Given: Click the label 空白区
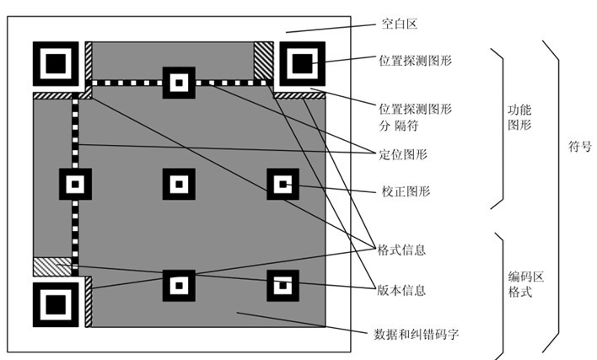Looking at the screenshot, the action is tap(400, 24).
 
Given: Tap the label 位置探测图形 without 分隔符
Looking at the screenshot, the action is tap(415, 60).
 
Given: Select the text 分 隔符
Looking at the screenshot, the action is tap(399, 126).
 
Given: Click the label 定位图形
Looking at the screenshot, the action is tap(403, 154).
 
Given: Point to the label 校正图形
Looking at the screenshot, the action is tap(406, 191).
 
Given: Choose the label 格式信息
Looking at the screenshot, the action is tap(401, 250).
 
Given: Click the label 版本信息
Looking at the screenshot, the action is tap(401, 290).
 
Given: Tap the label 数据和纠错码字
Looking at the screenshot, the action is tap(417, 335).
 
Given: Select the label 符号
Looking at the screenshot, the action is tap(580, 146).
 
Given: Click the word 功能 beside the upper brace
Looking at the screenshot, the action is tap(519, 110).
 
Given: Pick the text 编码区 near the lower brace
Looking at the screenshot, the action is tap(526, 277).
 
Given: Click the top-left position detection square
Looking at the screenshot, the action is tap(56, 63).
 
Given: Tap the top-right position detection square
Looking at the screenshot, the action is tap(303, 63).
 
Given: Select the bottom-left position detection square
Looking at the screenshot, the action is tap(56, 304).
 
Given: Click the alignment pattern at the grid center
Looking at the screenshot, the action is tap(179, 184).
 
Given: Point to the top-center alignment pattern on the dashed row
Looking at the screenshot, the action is tap(179, 83).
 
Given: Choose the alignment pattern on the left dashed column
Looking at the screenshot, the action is tap(75, 184).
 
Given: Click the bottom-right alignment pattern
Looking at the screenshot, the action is tap(282, 286).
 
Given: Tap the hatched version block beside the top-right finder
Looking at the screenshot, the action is tap(263, 61).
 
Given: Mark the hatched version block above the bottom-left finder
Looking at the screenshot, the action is tap(52, 266).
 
